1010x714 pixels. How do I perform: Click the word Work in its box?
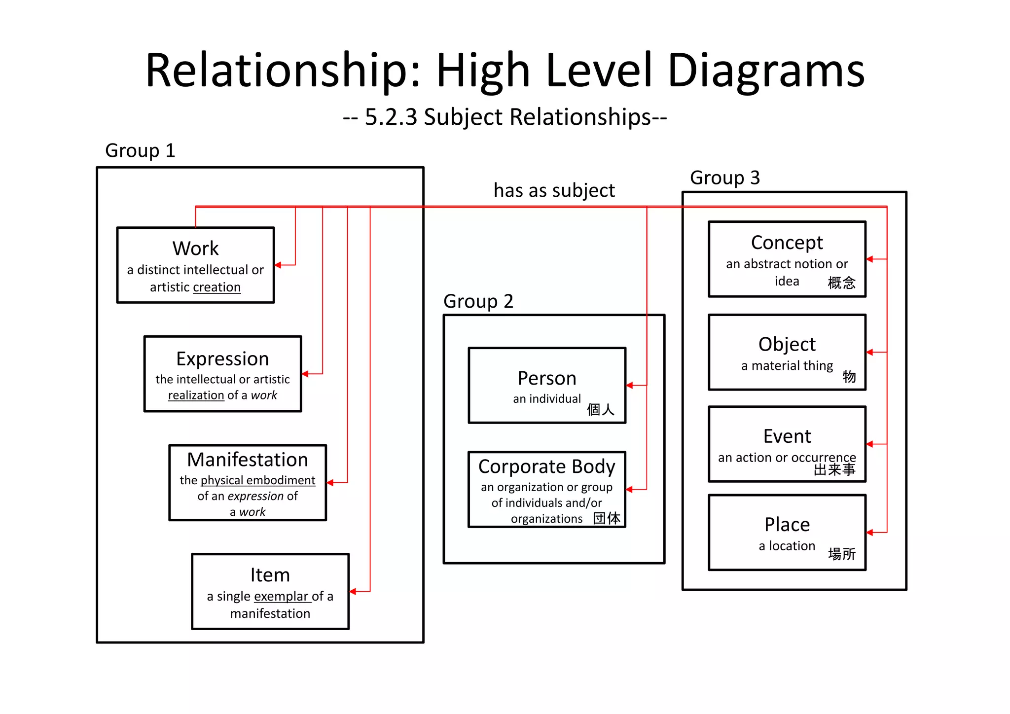point(195,249)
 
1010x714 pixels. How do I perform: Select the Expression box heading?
point(222,358)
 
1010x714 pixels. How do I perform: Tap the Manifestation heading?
point(248,460)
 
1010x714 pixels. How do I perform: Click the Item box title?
point(270,575)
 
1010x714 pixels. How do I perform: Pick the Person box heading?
point(546,378)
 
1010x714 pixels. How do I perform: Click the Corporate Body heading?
point(546,466)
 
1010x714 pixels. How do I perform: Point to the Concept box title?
point(787,243)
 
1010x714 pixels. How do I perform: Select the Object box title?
point(787,344)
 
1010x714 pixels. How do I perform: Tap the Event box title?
point(787,436)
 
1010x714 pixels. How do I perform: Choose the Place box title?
point(787,525)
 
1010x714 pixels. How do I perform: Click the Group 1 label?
point(140,150)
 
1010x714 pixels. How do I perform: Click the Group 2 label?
point(478,301)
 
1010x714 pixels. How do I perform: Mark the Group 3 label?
point(724,178)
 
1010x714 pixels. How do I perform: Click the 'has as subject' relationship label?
point(554,190)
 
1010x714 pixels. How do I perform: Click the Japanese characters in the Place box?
point(841,554)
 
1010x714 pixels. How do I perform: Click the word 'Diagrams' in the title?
point(765,70)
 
